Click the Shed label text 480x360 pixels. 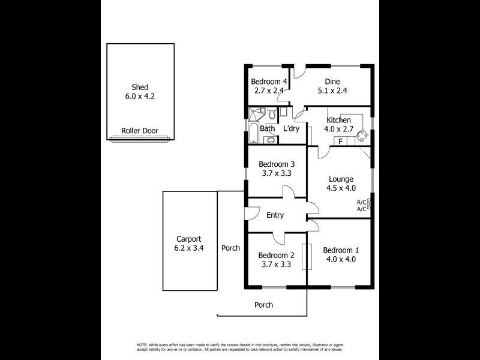(x=140, y=87)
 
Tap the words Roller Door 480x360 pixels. (x=140, y=130)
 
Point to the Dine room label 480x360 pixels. (x=332, y=82)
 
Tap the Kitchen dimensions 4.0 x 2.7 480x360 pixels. (x=338, y=129)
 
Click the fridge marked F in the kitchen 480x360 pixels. (x=340, y=141)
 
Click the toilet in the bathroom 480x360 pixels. (x=271, y=114)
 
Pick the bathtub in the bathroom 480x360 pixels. (x=253, y=133)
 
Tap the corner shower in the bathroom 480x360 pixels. (x=256, y=113)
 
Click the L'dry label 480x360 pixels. (x=291, y=128)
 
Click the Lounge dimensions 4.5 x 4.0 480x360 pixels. (x=341, y=188)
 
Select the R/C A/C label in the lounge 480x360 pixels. (x=362, y=206)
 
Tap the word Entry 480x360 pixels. (x=275, y=215)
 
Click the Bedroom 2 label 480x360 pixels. (x=277, y=255)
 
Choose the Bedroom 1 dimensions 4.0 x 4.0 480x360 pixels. (x=341, y=259)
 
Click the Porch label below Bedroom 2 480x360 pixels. (x=263, y=305)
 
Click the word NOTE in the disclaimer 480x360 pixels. (x=142, y=345)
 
